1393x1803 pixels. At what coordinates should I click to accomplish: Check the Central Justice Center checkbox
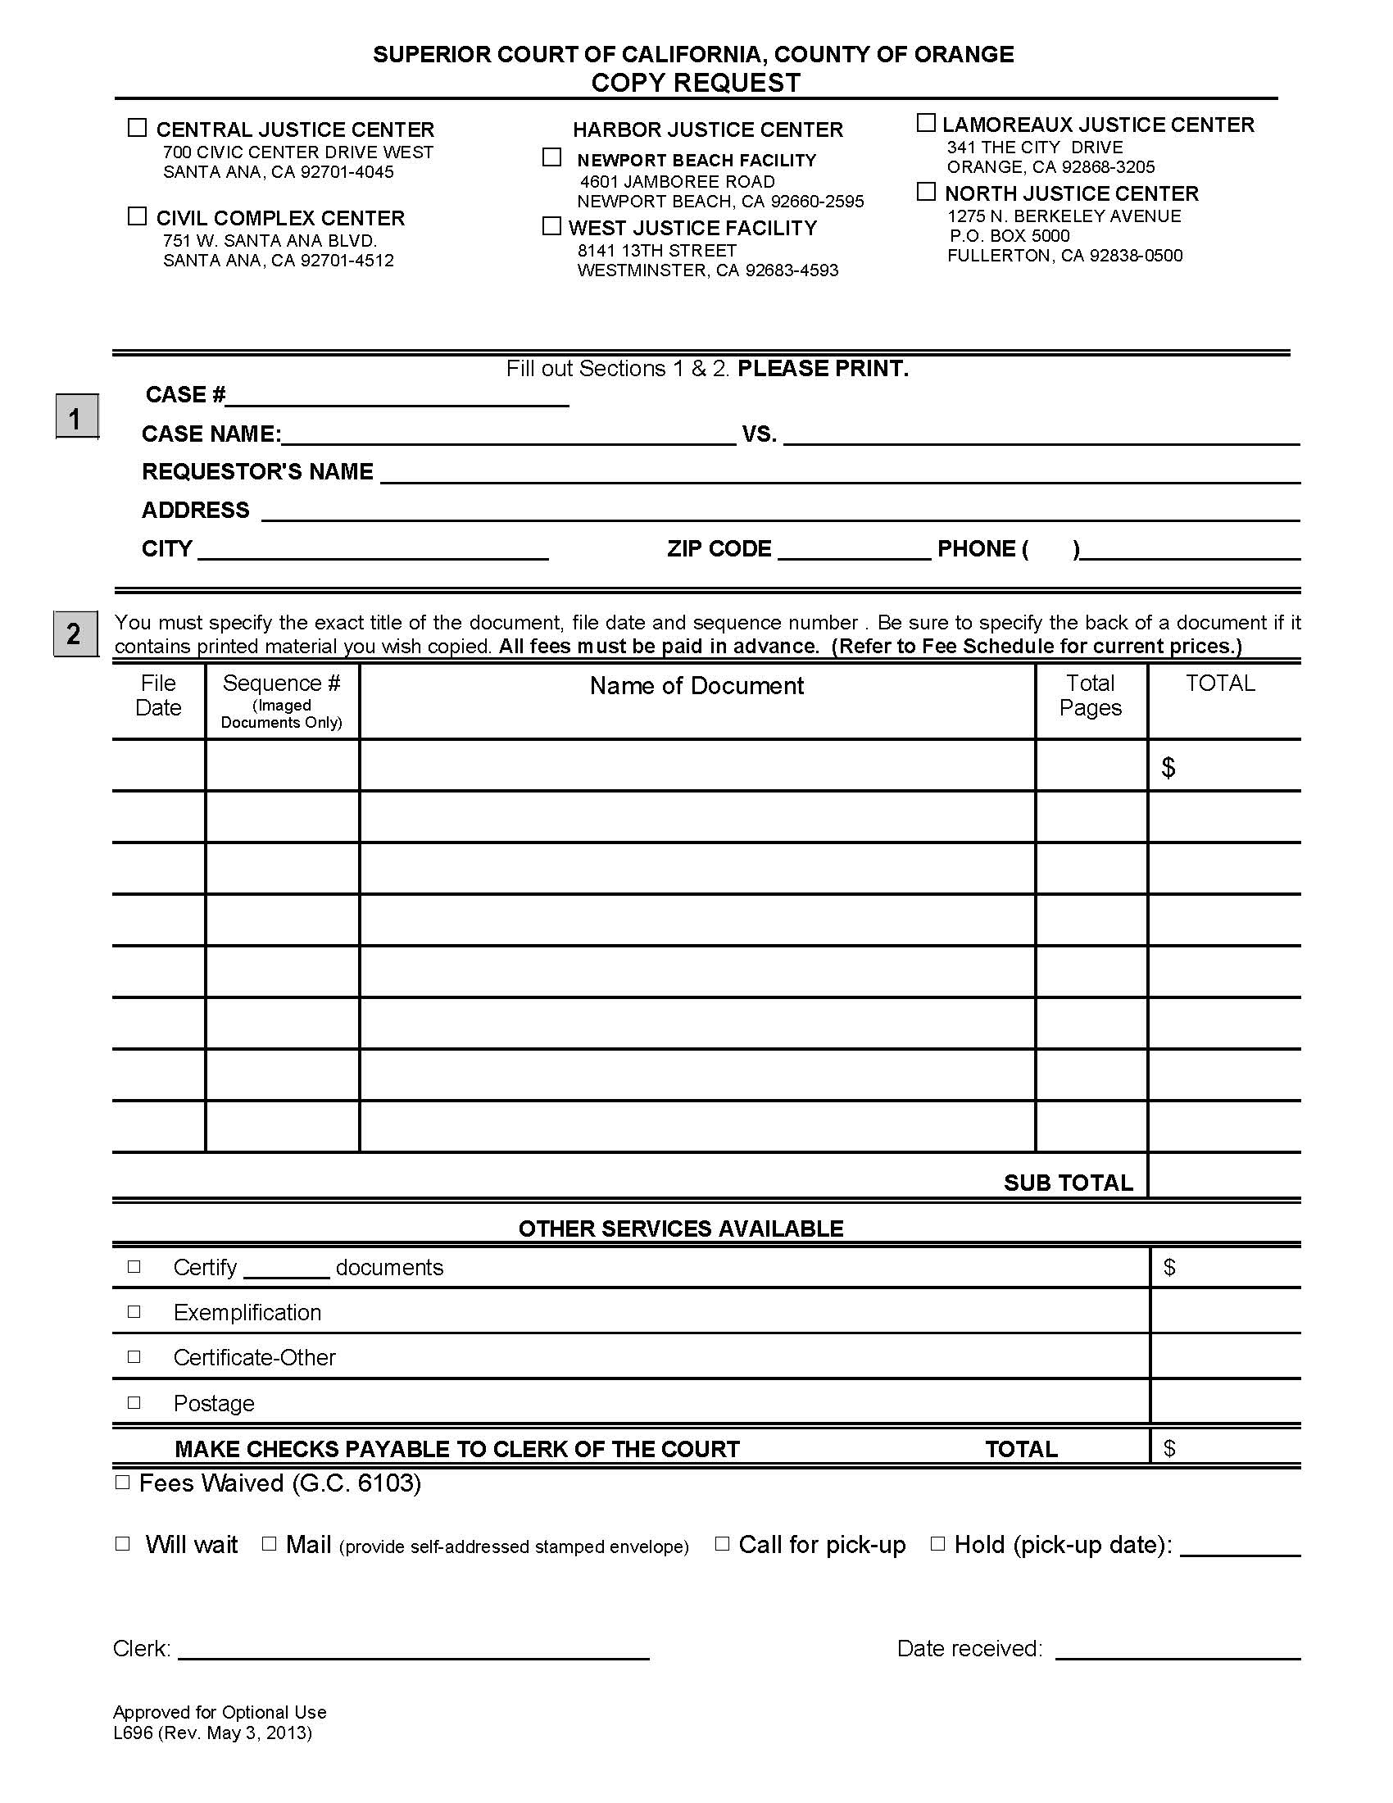[x=137, y=128]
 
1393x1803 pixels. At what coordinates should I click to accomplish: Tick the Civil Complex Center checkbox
[x=137, y=216]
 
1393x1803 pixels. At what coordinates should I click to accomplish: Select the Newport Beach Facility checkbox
[x=552, y=157]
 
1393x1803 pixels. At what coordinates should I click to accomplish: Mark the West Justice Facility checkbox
[x=552, y=226]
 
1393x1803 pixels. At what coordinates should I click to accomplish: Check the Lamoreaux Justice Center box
[x=926, y=123]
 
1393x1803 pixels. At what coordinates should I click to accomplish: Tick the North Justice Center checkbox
[x=926, y=192]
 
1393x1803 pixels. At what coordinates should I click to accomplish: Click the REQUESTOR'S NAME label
[x=257, y=471]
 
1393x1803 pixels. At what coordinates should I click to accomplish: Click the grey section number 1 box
[x=77, y=417]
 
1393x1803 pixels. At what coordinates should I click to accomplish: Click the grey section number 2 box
[x=75, y=634]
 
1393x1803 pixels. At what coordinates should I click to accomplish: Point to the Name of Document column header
[x=696, y=686]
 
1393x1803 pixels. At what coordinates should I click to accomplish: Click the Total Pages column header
[x=1090, y=695]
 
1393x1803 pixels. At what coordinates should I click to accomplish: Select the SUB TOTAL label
[x=1068, y=1183]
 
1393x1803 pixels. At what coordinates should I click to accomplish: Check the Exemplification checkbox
[x=134, y=1312]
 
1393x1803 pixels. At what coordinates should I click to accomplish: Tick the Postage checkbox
[x=134, y=1402]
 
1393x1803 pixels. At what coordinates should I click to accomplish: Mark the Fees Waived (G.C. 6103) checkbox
[x=123, y=1483]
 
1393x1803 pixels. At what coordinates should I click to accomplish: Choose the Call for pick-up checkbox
[x=722, y=1544]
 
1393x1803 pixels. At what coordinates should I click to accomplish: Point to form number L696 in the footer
[x=133, y=1733]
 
